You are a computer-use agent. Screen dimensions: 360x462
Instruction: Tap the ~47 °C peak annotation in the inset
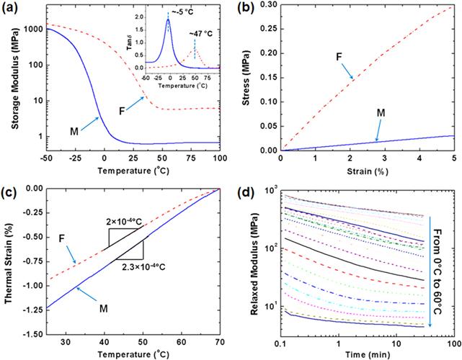point(202,32)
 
